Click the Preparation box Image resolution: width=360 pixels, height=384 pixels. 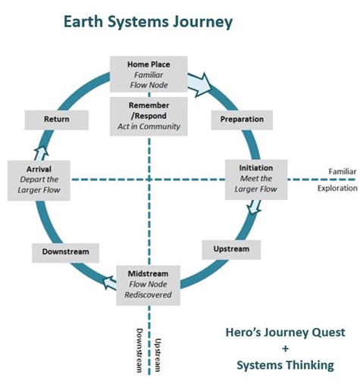(241, 120)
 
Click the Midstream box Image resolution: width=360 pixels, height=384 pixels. (148, 284)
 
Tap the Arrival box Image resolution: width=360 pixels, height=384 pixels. (37, 179)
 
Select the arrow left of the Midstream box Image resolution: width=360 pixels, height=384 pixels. (110, 281)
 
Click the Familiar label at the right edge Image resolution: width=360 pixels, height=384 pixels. (336, 171)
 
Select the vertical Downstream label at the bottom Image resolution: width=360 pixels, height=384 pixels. (139, 351)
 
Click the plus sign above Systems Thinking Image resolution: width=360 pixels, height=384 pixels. (285, 348)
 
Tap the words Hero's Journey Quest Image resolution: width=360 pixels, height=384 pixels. (285, 332)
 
